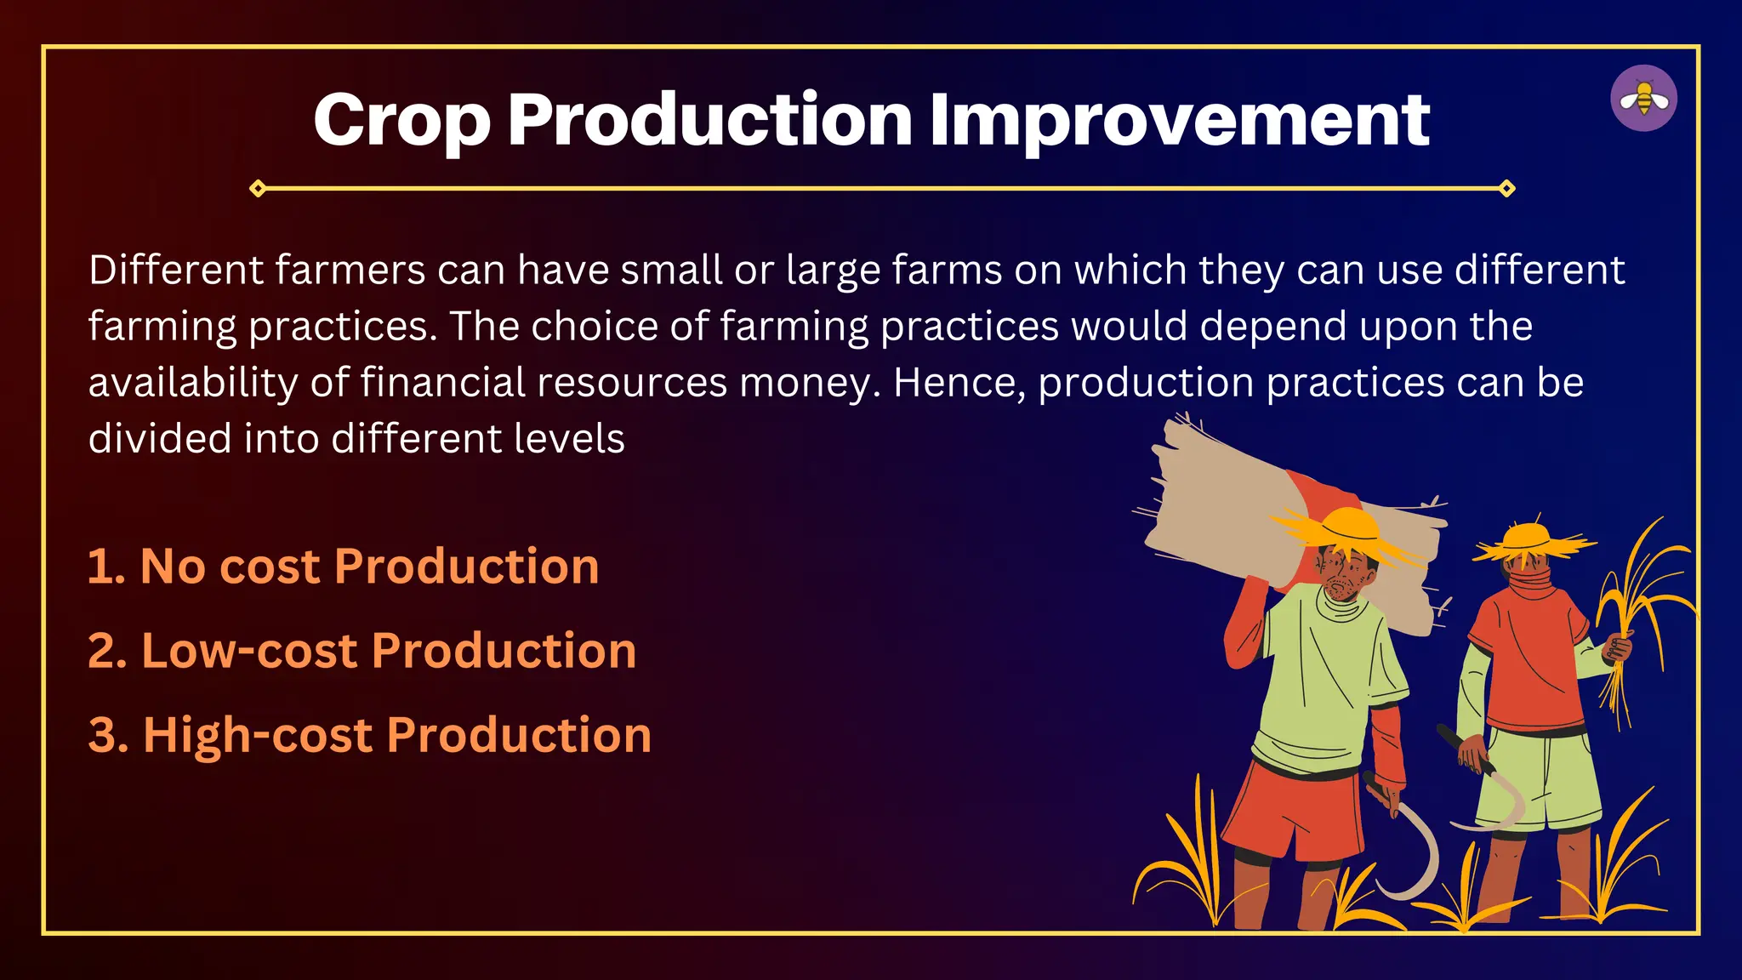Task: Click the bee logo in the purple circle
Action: point(1643,99)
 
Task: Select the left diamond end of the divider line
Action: point(259,188)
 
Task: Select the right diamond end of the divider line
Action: point(1506,188)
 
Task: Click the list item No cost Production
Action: point(344,567)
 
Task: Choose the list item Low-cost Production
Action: point(362,651)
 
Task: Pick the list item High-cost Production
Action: point(370,735)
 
